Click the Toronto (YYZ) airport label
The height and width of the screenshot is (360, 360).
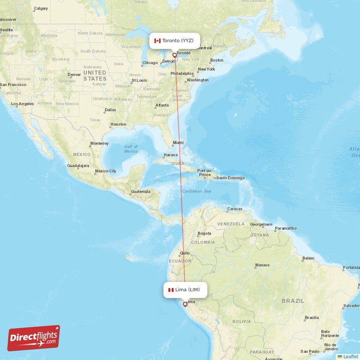point(174,40)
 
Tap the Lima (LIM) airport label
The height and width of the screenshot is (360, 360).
point(184,290)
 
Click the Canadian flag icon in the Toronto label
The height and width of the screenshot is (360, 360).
point(157,40)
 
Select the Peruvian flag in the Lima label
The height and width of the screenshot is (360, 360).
point(171,290)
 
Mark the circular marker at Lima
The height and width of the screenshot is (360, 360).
point(184,305)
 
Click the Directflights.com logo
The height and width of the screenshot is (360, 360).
point(34,338)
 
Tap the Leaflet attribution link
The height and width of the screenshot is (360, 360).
point(350,356)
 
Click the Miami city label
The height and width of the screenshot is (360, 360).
point(178,143)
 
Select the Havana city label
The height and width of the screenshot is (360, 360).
point(171,155)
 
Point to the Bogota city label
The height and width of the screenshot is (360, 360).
point(204,234)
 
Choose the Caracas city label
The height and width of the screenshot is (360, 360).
point(235,209)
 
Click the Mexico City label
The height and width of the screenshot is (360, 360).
point(106,171)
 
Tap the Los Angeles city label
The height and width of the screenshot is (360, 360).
point(22,104)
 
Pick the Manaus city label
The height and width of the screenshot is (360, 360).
point(262,265)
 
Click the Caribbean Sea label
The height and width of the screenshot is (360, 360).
point(197,191)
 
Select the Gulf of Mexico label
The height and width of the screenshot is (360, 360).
point(131,149)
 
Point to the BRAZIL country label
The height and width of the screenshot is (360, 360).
point(293,300)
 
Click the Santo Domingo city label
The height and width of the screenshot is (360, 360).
point(230,178)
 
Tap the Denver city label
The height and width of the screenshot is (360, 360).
point(74,75)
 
